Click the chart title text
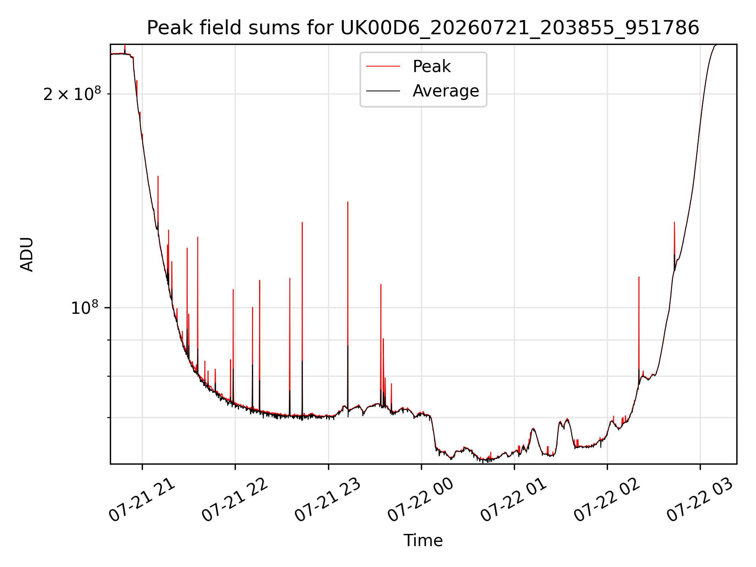[423, 28]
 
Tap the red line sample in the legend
[383, 67]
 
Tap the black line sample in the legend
[383, 91]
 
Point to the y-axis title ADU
[27, 254]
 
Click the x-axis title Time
[423, 541]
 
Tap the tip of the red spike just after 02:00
[639, 277]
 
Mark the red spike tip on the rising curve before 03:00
[674, 222]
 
